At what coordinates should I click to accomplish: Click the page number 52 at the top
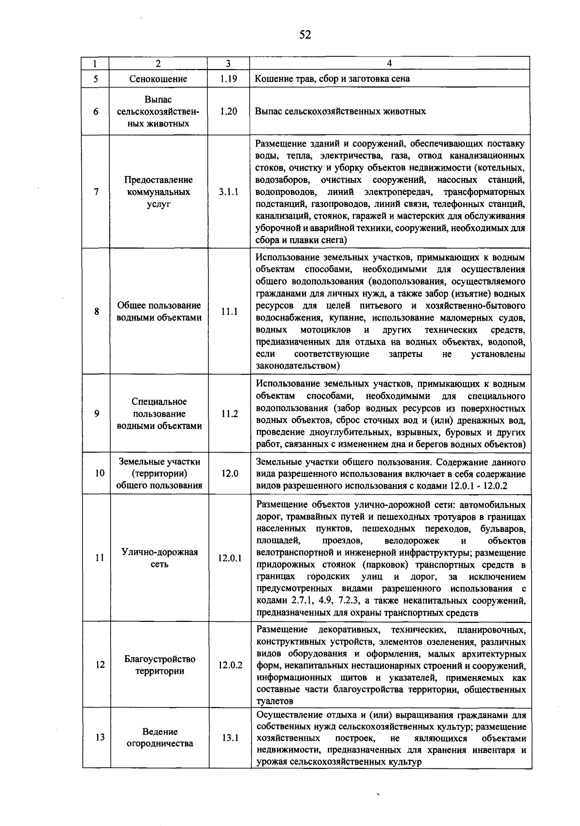[x=305, y=34]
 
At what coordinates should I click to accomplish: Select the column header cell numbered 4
[x=390, y=63]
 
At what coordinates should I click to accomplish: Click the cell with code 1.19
[x=228, y=79]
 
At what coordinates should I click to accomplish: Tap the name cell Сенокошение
[x=158, y=79]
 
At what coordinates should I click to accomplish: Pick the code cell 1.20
[x=228, y=111]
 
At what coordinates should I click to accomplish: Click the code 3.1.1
[x=228, y=192]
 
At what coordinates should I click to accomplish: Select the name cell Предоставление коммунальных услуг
[x=159, y=192]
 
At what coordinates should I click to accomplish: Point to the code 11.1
[x=229, y=312]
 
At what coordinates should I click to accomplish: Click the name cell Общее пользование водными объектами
[x=159, y=311]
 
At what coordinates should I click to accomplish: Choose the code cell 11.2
[x=230, y=414]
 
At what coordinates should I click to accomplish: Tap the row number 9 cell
[x=97, y=414]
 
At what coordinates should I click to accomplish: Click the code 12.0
[x=230, y=473]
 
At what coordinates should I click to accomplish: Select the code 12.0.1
[x=230, y=558]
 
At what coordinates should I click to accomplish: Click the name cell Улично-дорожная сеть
[x=159, y=558]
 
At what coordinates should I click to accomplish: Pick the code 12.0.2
[x=230, y=665]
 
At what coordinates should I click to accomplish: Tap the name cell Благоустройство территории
[x=159, y=665]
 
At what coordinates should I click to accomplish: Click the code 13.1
[x=230, y=738]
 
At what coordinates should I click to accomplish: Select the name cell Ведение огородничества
[x=159, y=737]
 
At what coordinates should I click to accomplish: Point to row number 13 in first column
[x=100, y=738]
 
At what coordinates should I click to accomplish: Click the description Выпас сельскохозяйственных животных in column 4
[x=340, y=111]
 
